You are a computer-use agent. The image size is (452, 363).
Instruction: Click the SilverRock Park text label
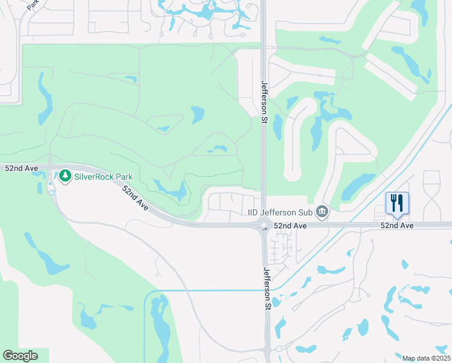[x=103, y=177]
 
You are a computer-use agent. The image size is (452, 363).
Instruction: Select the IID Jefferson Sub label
[x=281, y=212]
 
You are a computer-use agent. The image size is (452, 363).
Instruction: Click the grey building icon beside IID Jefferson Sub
[x=323, y=212]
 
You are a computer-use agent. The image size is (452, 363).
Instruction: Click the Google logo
[x=20, y=356]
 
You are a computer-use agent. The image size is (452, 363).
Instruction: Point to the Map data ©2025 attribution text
[x=426, y=358]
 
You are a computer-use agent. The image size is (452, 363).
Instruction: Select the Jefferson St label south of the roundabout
[x=266, y=290]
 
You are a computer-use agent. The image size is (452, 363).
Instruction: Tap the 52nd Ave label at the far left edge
[x=18, y=168]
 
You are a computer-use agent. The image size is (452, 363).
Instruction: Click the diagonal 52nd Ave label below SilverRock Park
[x=135, y=198]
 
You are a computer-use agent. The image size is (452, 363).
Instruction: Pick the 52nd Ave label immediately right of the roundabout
[x=290, y=225]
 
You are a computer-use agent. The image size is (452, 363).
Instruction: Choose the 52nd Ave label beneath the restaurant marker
[x=397, y=225]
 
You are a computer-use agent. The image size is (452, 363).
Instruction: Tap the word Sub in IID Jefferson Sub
[x=308, y=212]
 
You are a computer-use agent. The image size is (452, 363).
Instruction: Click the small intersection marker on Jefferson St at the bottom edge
[x=268, y=349]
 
